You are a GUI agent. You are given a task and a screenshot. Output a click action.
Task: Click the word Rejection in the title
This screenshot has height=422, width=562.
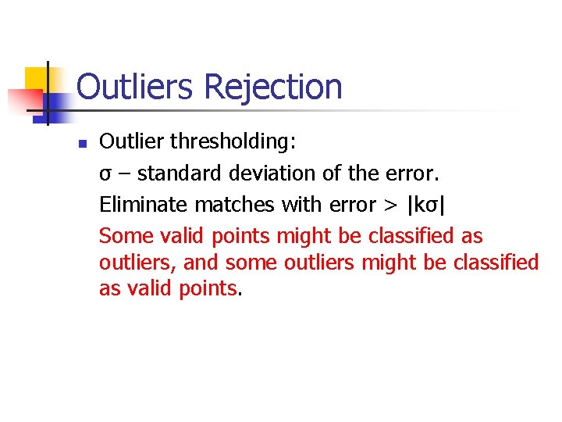272,88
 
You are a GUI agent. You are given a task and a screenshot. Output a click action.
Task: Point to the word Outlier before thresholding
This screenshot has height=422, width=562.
129,142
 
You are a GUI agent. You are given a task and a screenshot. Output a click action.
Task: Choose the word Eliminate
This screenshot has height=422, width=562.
144,205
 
